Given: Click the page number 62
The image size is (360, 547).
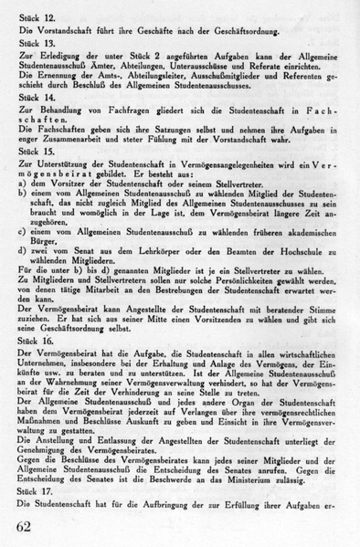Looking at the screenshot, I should pos(28,527).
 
